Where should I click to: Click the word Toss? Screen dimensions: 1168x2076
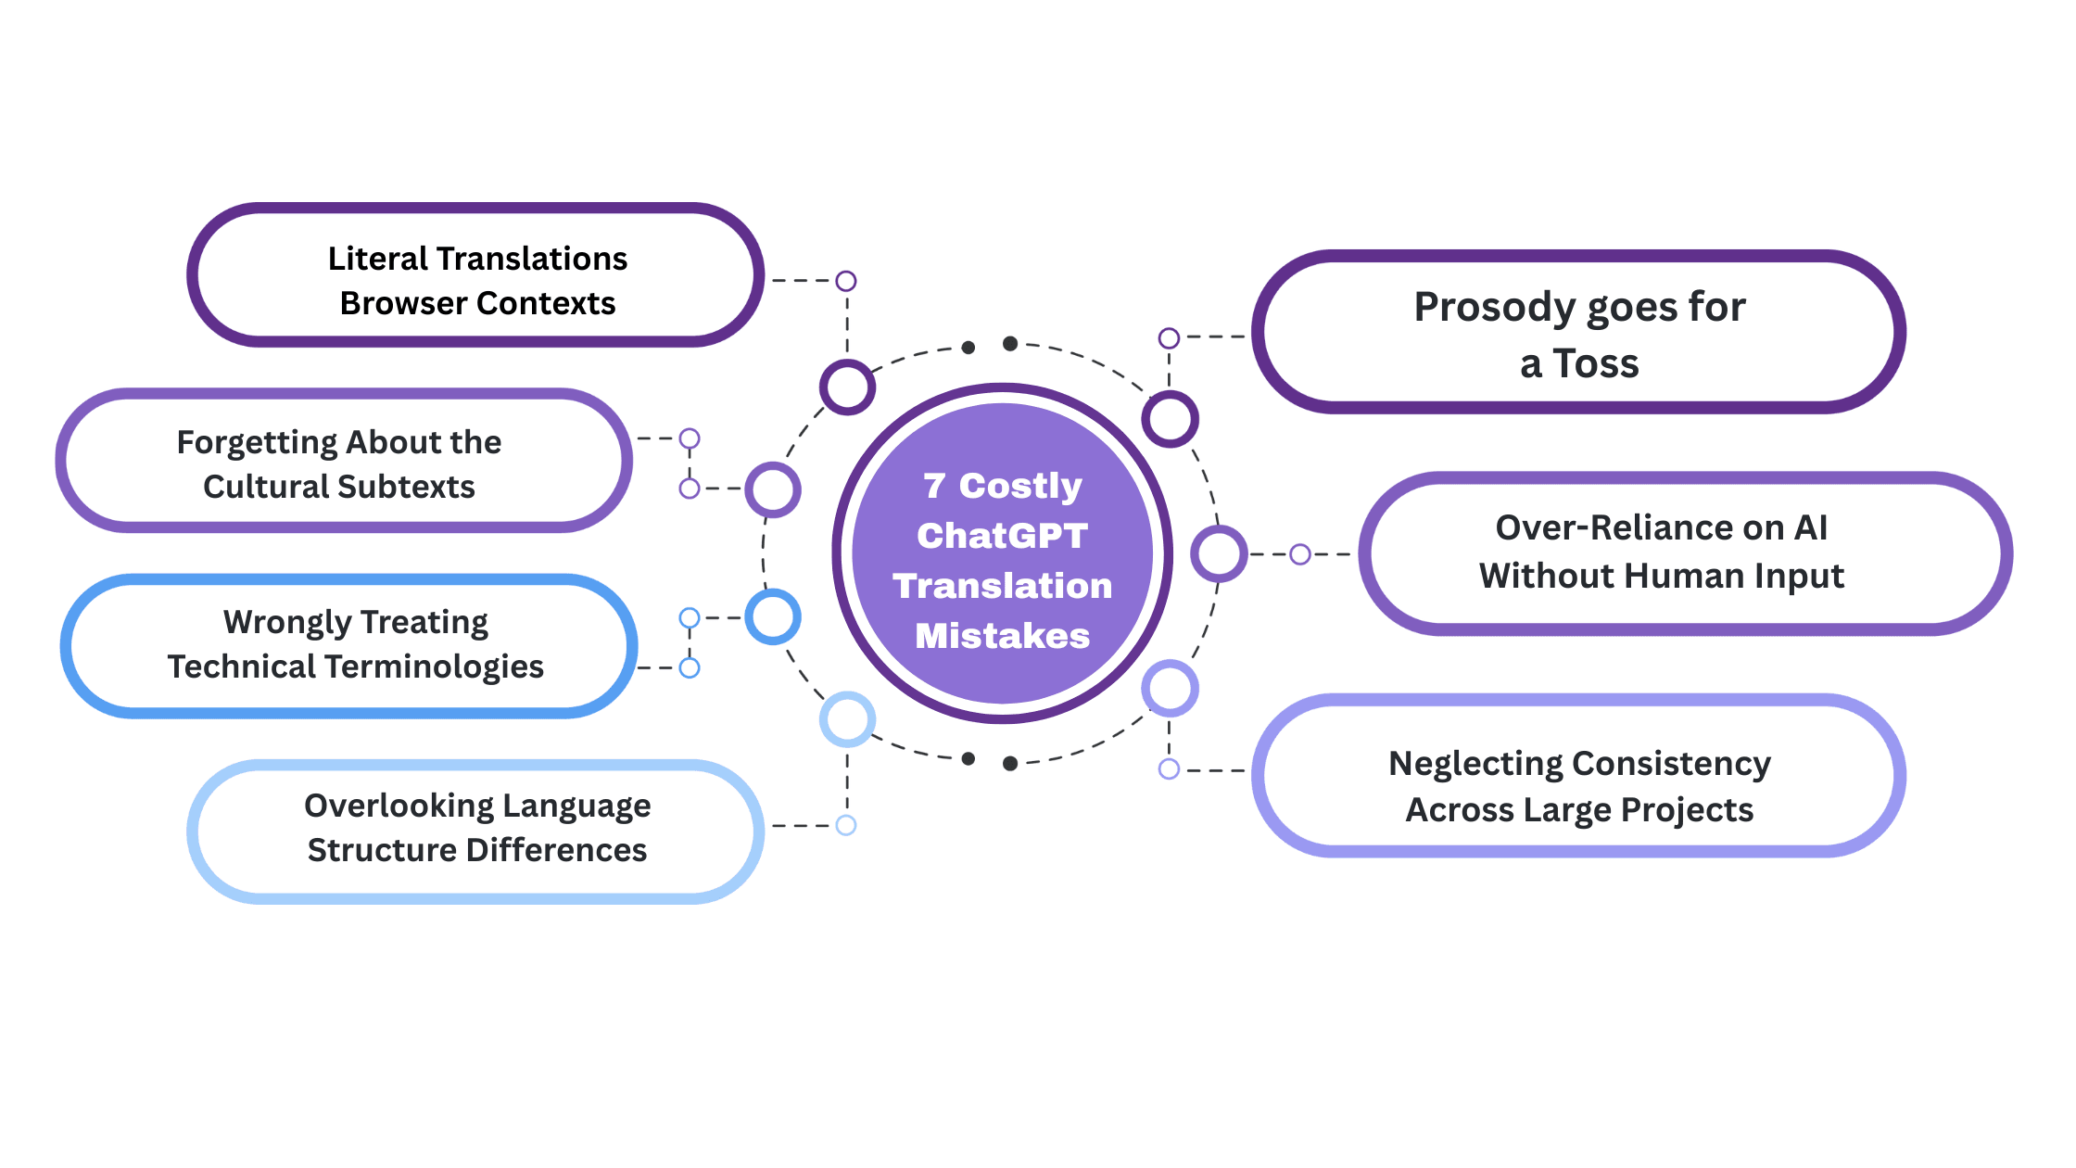pos(1596,363)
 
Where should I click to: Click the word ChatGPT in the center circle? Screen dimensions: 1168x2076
pos(1002,536)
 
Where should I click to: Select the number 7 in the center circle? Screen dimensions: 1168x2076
pos(934,486)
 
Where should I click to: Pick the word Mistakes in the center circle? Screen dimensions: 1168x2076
pos(1002,636)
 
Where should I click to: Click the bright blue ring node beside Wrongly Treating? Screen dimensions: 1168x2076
pos(773,616)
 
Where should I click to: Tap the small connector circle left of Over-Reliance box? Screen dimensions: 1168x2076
pos(1300,554)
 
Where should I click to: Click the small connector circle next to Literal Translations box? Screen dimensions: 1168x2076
pos(845,281)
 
